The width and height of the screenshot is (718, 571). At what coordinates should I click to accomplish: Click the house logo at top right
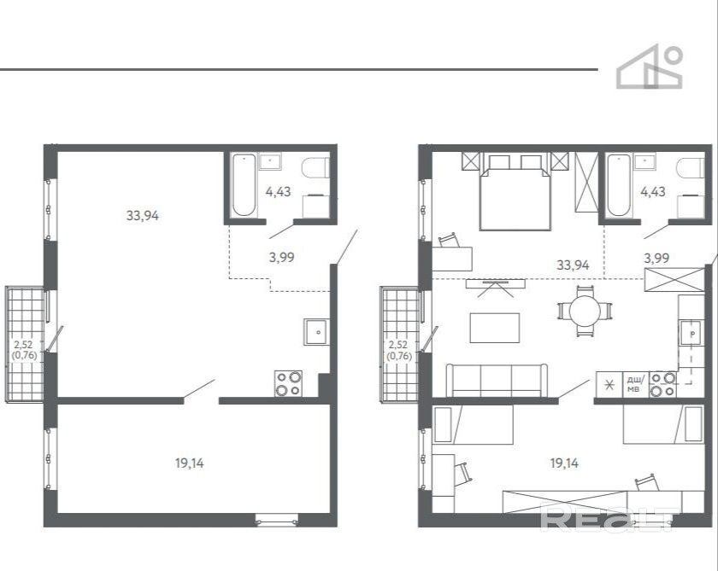coord(650,67)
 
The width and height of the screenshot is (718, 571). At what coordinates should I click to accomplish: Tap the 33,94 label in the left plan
coord(143,215)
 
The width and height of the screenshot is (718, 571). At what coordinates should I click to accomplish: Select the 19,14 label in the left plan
coord(190,463)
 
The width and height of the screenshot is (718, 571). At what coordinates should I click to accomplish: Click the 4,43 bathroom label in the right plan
coord(653,191)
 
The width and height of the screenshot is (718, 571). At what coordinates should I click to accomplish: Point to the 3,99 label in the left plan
coord(281,258)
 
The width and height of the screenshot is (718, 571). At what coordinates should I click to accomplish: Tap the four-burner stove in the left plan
coord(289,383)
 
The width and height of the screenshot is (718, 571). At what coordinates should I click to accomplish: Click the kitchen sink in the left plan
coord(316,332)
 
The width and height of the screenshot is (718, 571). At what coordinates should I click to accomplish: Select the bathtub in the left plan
coord(244,184)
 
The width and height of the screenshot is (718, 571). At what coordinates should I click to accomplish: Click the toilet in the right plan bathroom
coord(690,168)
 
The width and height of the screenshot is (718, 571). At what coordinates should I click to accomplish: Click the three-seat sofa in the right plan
coord(497,381)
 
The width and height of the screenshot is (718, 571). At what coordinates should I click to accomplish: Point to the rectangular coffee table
coord(495,328)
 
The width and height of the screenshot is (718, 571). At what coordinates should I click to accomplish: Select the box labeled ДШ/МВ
coord(636,384)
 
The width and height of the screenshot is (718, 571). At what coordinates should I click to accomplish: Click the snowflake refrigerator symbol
coord(609,384)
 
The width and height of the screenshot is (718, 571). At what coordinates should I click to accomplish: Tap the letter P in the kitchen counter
coord(692,334)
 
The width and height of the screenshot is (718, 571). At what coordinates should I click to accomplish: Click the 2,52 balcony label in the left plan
coord(23,345)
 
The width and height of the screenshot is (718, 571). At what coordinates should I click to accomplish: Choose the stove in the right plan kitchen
coord(663,384)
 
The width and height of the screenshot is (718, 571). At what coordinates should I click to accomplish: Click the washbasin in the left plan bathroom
coord(270,161)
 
